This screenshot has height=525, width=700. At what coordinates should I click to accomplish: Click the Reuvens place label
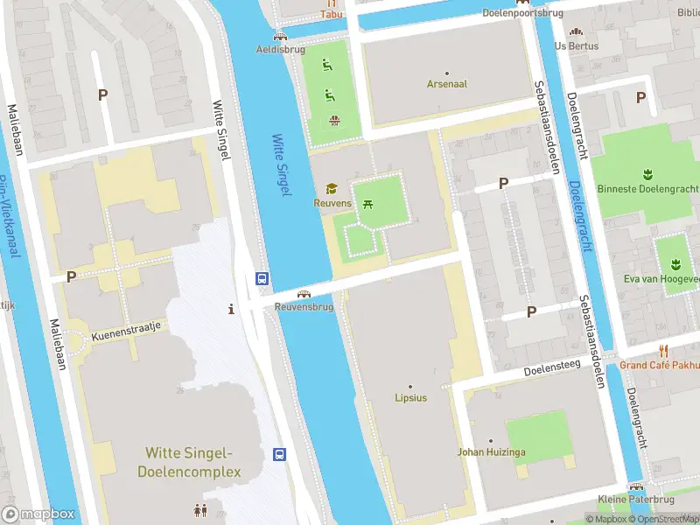coord(332,203)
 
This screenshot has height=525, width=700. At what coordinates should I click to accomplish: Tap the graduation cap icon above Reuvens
coord(332,188)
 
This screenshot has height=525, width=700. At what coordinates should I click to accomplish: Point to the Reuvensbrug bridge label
coord(304,307)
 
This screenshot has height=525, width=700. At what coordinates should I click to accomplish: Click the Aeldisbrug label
coord(279,49)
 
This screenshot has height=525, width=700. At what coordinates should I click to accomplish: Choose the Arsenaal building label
coord(446,84)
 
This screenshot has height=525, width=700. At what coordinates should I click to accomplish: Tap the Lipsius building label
coord(409,398)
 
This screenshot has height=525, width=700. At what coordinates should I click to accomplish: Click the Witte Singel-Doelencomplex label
coord(189,462)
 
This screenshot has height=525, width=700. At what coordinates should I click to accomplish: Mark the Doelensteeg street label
coord(553,371)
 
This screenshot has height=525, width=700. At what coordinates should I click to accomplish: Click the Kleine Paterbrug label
coord(636,500)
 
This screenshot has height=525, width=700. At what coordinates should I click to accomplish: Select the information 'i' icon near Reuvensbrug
coord(231,309)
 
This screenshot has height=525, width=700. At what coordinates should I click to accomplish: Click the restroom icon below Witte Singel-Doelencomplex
coord(200,509)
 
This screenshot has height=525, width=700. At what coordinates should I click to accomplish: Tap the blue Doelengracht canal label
coord(579,215)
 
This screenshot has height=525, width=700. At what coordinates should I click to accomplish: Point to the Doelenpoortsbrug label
coord(522,12)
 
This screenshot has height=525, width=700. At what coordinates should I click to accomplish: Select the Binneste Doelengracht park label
coord(647,189)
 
